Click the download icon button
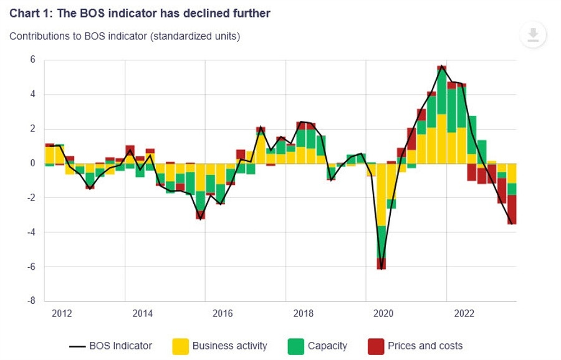[533, 35]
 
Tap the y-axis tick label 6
[32, 60]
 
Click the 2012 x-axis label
[62, 313]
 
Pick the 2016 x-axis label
[223, 313]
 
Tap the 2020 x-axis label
[383, 313]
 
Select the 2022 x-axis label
[464, 313]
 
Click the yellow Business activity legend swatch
[180, 346]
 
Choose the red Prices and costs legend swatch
[376, 346]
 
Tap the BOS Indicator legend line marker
[77, 346]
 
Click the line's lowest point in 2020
[381, 268]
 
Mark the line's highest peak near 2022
[441, 66]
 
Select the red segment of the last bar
[512, 209]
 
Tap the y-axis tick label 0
[32, 163]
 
